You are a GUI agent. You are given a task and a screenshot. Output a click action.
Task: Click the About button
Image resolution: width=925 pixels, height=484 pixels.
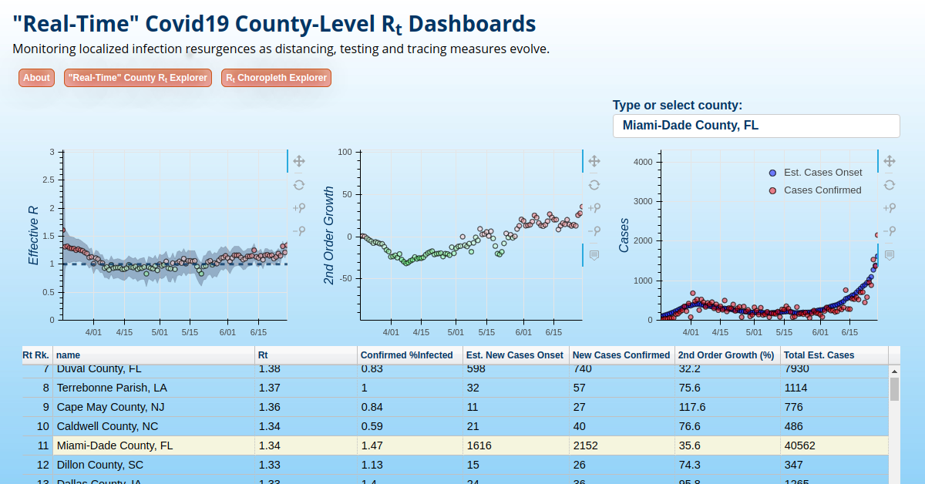click(36, 78)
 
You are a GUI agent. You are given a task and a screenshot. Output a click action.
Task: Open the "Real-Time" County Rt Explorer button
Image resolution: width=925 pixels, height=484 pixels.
click(138, 78)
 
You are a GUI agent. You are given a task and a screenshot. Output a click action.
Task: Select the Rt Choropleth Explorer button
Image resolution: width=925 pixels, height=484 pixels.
click(276, 78)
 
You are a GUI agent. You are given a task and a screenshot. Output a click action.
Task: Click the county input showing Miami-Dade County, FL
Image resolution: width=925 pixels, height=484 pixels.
click(755, 126)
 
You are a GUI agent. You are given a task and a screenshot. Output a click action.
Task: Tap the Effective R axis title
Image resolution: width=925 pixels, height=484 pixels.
click(34, 236)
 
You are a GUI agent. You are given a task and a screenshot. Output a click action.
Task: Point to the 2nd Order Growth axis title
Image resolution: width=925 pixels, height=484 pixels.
click(329, 236)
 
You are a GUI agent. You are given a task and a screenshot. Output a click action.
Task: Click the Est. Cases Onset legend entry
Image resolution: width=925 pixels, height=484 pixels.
click(822, 173)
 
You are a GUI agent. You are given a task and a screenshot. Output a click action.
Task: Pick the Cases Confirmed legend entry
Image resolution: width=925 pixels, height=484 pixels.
click(822, 190)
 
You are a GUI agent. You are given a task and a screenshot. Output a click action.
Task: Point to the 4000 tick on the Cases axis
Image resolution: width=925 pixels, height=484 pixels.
click(643, 162)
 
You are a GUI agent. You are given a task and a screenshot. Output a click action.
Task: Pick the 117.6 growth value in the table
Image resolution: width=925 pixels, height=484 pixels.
click(691, 407)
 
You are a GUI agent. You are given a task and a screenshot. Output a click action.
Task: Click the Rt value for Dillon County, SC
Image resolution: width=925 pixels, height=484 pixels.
click(270, 465)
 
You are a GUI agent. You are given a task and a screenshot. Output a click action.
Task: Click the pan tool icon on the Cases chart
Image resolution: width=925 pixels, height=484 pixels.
click(889, 161)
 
